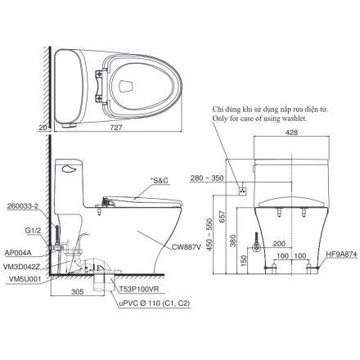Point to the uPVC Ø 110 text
tap(145, 304)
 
